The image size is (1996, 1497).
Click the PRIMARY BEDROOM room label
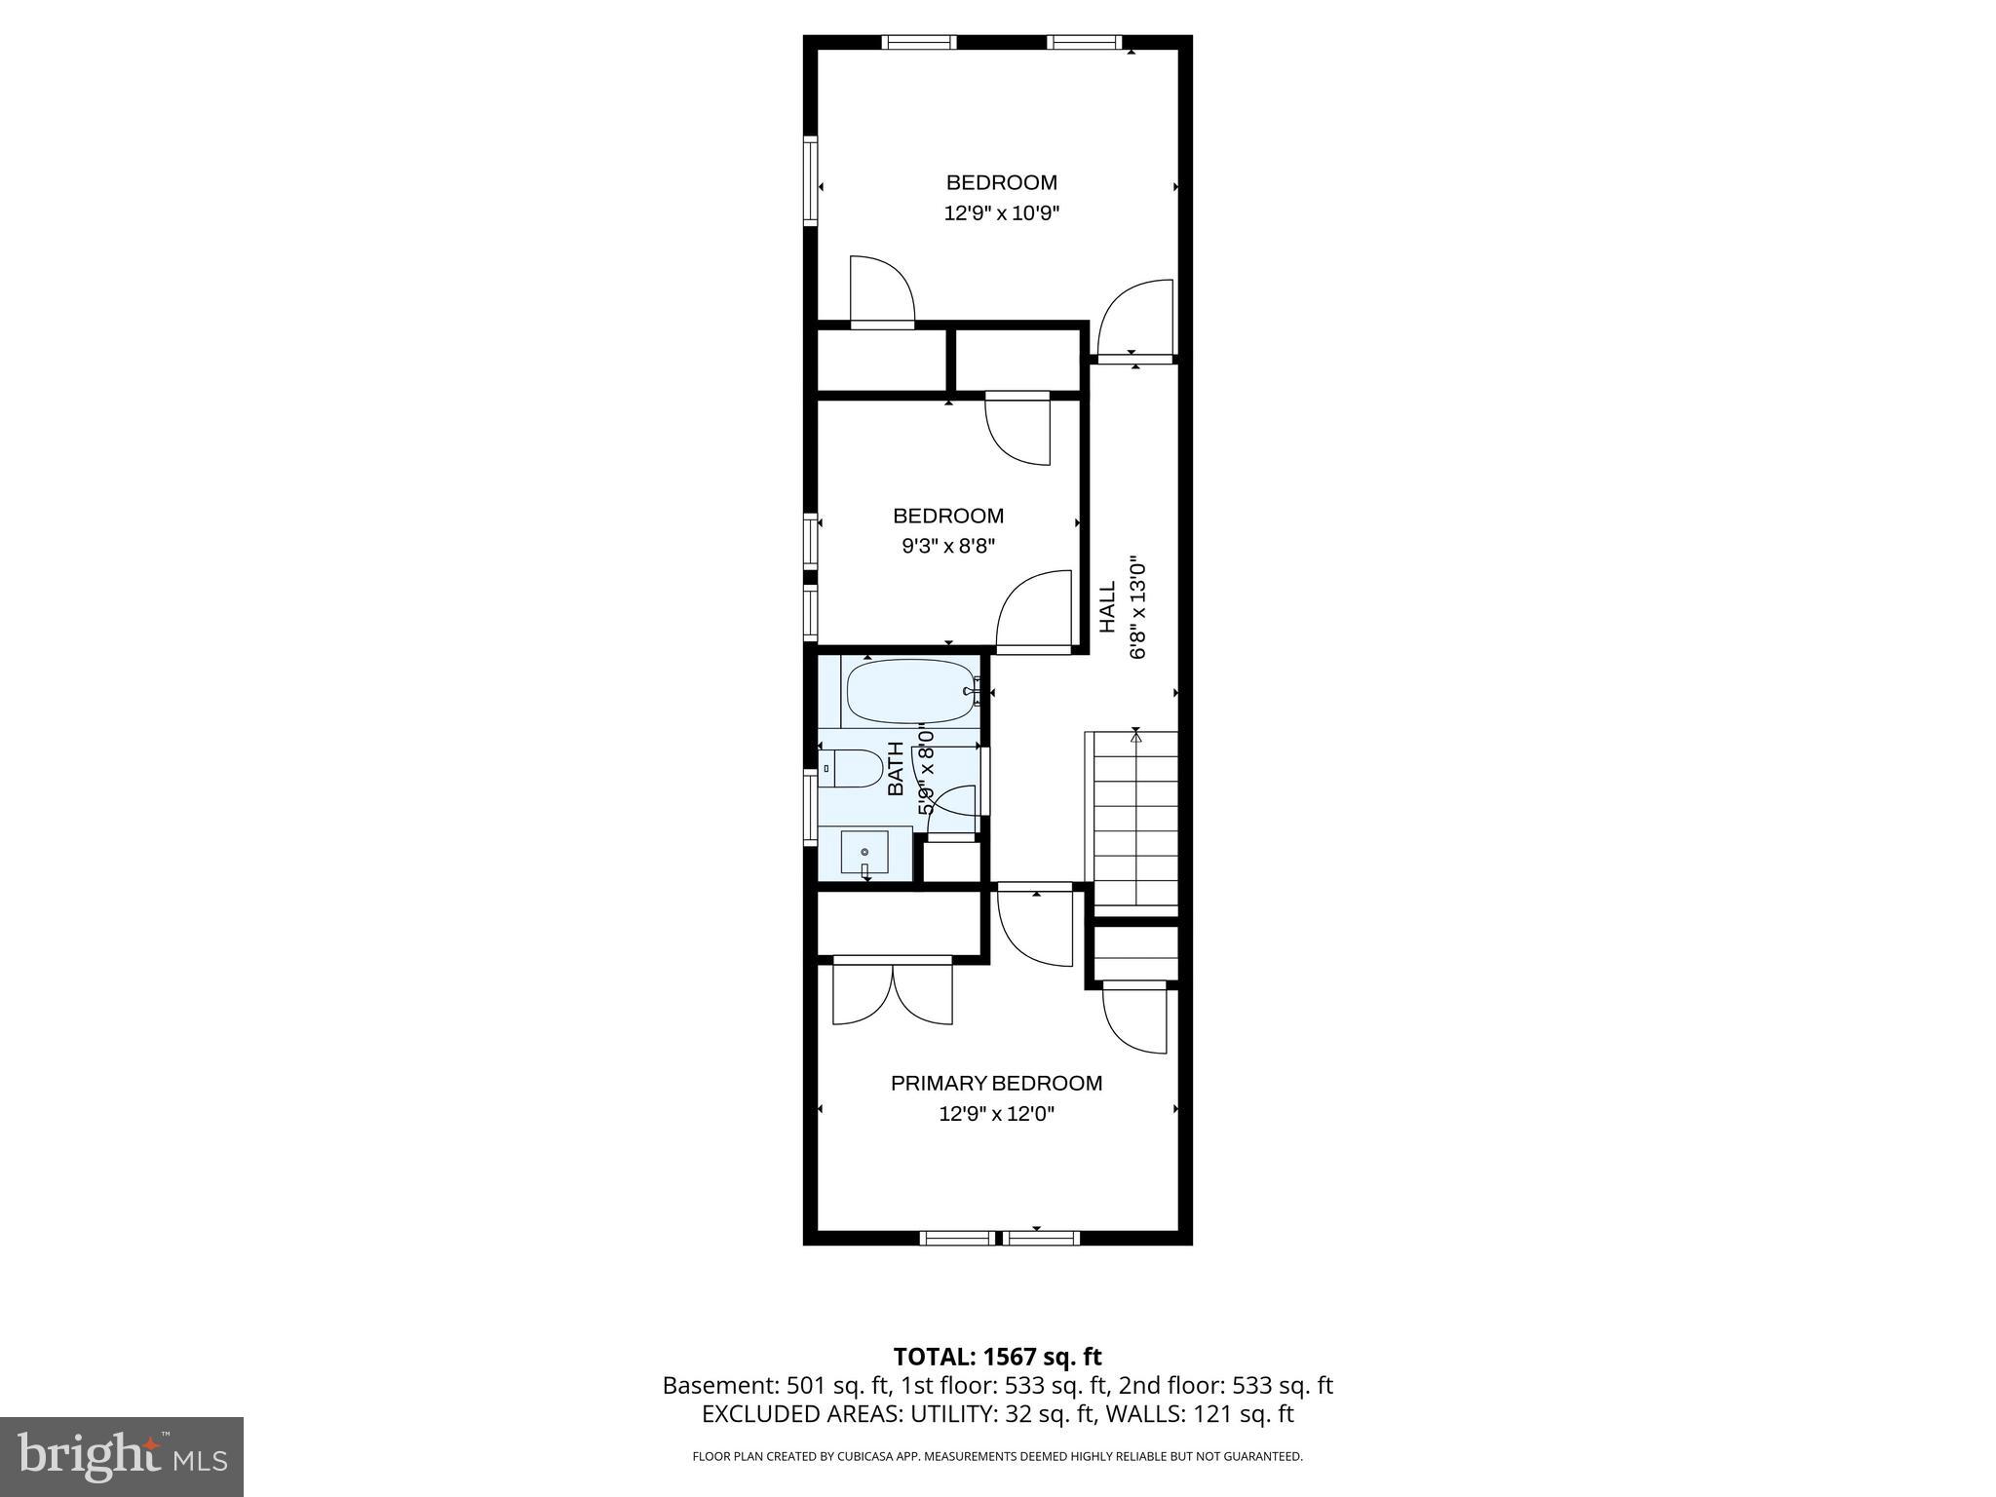[996, 1083]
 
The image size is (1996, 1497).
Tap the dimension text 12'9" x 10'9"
[1001, 212]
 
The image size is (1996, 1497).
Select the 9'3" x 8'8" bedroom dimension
[947, 546]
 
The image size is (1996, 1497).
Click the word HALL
[1108, 607]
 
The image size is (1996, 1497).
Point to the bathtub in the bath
[910, 691]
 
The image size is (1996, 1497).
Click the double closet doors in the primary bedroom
[893, 992]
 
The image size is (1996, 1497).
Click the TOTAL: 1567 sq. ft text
[997, 1356]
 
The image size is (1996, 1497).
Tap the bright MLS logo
[122, 1456]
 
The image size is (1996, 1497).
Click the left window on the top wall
[919, 42]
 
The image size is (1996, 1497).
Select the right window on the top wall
[1085, 42]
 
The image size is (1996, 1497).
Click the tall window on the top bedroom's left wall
[810, 182]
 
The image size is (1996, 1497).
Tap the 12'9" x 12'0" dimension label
[996, 1113]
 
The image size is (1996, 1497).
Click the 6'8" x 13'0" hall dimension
[1137, 607]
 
